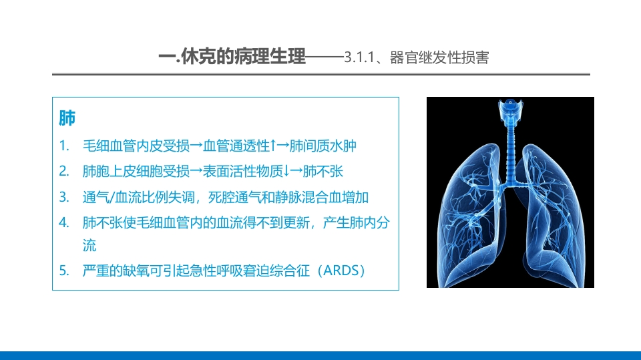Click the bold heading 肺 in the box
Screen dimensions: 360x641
coord(67,118)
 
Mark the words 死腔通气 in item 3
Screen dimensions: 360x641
coord(233,197)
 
